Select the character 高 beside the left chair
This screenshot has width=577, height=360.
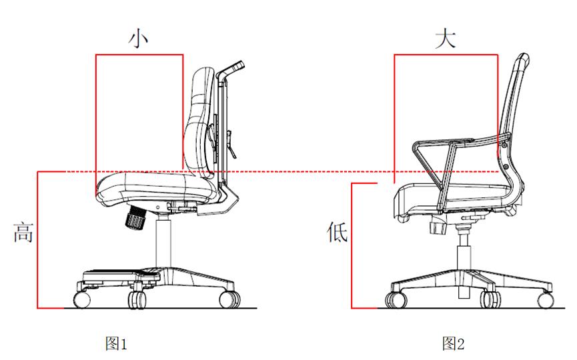click(23, 232)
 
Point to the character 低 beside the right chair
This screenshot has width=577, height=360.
click(337, 231)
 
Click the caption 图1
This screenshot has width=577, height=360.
click(116, 343)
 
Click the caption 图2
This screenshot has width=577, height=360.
click(454, 343)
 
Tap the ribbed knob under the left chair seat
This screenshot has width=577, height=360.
click(136, 218)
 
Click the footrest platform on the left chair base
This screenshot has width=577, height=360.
click(121, 275)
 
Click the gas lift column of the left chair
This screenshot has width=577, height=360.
click(163, 241)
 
